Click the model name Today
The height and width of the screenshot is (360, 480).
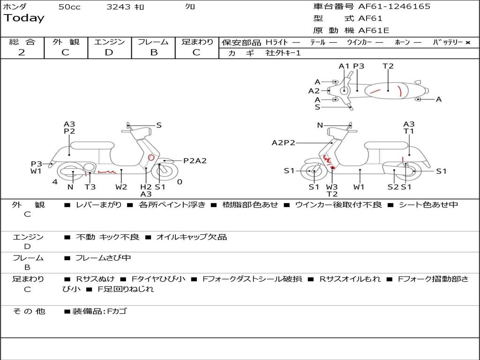tap(24, 18)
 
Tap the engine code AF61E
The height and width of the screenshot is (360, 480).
tap(374, 31)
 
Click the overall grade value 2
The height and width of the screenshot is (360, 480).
tap(22, 52)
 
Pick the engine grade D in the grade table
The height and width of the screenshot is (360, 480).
tap(109, 52)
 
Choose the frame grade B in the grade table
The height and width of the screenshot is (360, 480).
tap(153, 52)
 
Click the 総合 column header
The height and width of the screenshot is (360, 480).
tap(22, 42)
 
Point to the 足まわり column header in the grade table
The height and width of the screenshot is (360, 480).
tap(197, 42)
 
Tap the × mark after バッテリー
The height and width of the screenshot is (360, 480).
tap(467, 43)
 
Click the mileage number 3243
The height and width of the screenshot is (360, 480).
tap(119, 7)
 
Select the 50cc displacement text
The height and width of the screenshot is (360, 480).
tap(69, 7)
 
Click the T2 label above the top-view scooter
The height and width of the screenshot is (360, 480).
tap(388, 66)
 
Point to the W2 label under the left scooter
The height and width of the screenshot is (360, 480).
tap(121, 187)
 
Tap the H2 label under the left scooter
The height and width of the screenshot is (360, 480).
tap(146, 187)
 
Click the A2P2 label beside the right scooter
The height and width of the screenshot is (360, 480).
tap(284, 143)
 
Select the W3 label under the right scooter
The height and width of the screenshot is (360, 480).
tap(332, 187)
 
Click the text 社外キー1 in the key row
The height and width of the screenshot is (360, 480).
tap(283, 53)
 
